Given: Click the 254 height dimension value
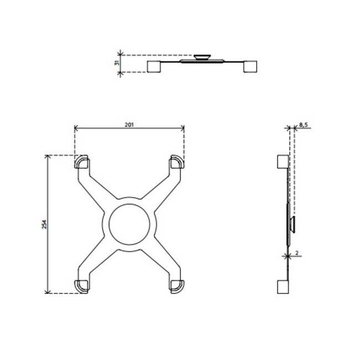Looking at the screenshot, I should pyautogui.click(x=44, y=224).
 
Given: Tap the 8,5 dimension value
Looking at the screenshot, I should pyautogui.click(x=303, y=126).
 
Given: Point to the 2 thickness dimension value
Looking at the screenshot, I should pyautogui.click(x=297, y=253).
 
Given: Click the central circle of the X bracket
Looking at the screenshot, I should pyautogui.click(x=129, y=224).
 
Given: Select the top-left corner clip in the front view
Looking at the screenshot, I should pyautogui.click(x=81, y=162).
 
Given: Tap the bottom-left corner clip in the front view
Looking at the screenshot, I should pyautogui.click(x=81, y=285).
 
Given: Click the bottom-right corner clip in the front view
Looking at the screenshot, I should pyautogui.click(x=177, y=285).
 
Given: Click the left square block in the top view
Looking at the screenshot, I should pyautogui.click(x=154, y=66).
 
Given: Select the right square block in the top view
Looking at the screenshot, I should pyautogui.click(x=251, y=66).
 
